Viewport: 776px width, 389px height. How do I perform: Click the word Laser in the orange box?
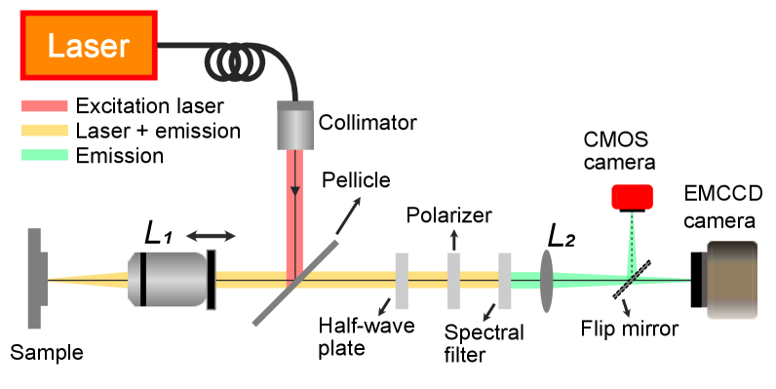tap(88, 45)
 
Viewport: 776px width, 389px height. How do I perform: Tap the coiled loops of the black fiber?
tap(235, 64)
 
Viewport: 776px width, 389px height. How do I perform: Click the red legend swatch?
tap(45, 105)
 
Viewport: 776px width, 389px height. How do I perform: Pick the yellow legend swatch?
tap(45, 130)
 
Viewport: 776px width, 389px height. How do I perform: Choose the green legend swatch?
tap(45, 154)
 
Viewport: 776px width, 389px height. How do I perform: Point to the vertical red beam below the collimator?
tap(294, 210)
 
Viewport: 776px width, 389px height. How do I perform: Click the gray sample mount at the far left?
tap(35, 279)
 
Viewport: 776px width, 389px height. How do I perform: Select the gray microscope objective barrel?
tap(168, 280)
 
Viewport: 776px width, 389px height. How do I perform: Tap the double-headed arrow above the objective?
tap(211, 235)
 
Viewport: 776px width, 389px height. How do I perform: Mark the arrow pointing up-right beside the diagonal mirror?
tap(349, 214)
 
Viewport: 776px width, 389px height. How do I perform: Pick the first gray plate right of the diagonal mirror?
tap(402, 281)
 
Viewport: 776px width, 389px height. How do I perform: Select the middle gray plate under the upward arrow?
tap(453, 281)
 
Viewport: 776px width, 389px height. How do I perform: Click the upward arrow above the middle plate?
tap(453, 239)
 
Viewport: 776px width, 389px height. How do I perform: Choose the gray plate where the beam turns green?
tap(504, 281)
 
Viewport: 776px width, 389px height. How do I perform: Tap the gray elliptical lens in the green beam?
tap(546, 281)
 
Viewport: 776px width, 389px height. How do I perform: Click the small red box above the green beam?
tap(632, 197)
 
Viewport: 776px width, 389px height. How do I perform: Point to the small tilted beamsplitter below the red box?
tap(631, 280)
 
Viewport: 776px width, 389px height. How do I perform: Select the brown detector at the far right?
tap(730, 280)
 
